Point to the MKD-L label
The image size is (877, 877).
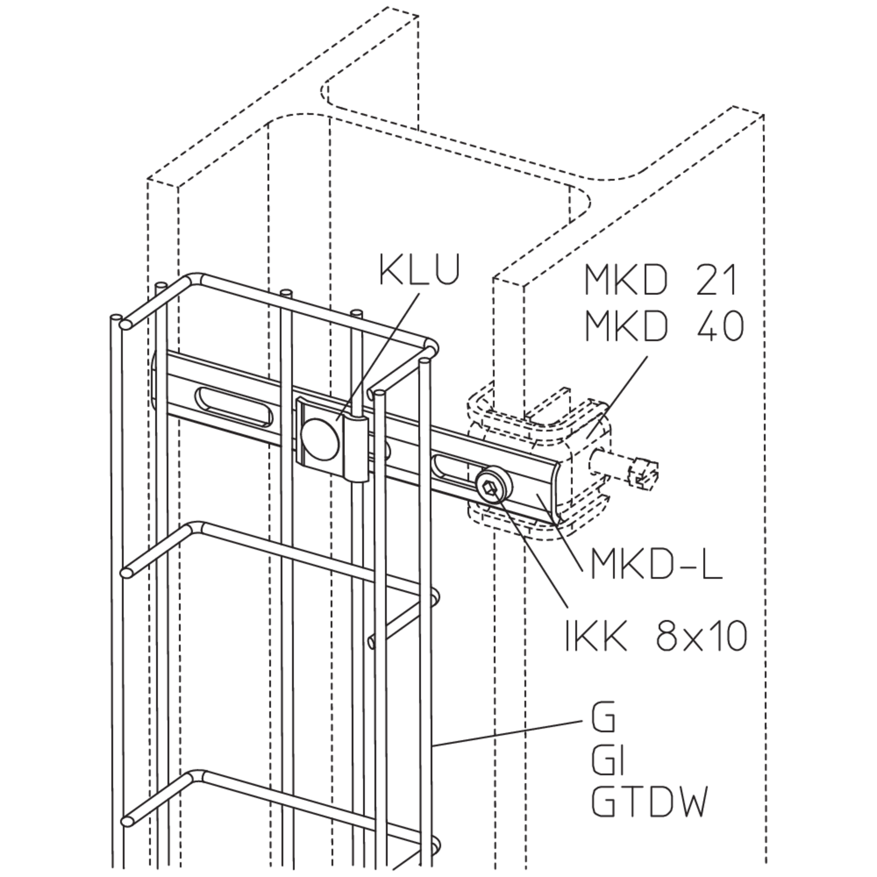click(657, 563)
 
